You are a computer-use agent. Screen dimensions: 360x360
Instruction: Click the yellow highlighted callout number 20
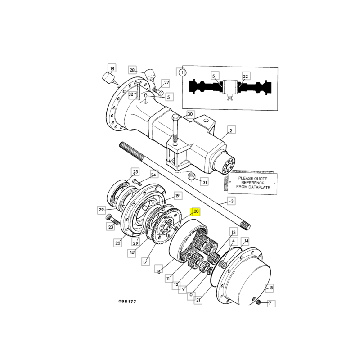click(x=196, y=211)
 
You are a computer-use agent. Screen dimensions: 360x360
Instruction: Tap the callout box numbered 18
click(x=112, y=68)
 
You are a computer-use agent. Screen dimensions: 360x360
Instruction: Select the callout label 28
click(x=132, y=70)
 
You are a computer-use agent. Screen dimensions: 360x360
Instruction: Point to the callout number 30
click(x=190, y=114)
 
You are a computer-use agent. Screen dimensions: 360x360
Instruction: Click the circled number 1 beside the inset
click(x=183, y=73)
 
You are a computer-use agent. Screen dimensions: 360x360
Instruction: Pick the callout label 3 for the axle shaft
click(x=232, y=201)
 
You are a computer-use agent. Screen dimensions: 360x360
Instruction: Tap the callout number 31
click(x=205, y=182)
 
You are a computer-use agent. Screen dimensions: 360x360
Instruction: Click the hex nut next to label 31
click(x=192, y=176)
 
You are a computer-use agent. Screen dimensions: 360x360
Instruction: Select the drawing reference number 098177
click(x=127, y=301)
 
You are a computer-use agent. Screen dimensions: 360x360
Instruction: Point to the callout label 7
click(x=270, y=303)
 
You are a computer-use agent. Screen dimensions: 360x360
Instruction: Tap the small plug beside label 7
click(x=259, y=302)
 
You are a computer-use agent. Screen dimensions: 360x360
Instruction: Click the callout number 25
click(x=135, y=172)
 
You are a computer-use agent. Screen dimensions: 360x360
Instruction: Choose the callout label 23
click(x=111, y=227)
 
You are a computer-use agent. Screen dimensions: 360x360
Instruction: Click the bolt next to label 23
click(x=112, y=219)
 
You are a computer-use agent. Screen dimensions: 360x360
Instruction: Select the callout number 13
click(x=234, y=232)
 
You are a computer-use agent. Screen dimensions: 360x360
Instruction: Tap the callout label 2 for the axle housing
click(x=231, y=130)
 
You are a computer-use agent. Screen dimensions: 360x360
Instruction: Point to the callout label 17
click(x=145, y=262)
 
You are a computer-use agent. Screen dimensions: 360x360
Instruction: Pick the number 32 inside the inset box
click(x=245, y=76)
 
